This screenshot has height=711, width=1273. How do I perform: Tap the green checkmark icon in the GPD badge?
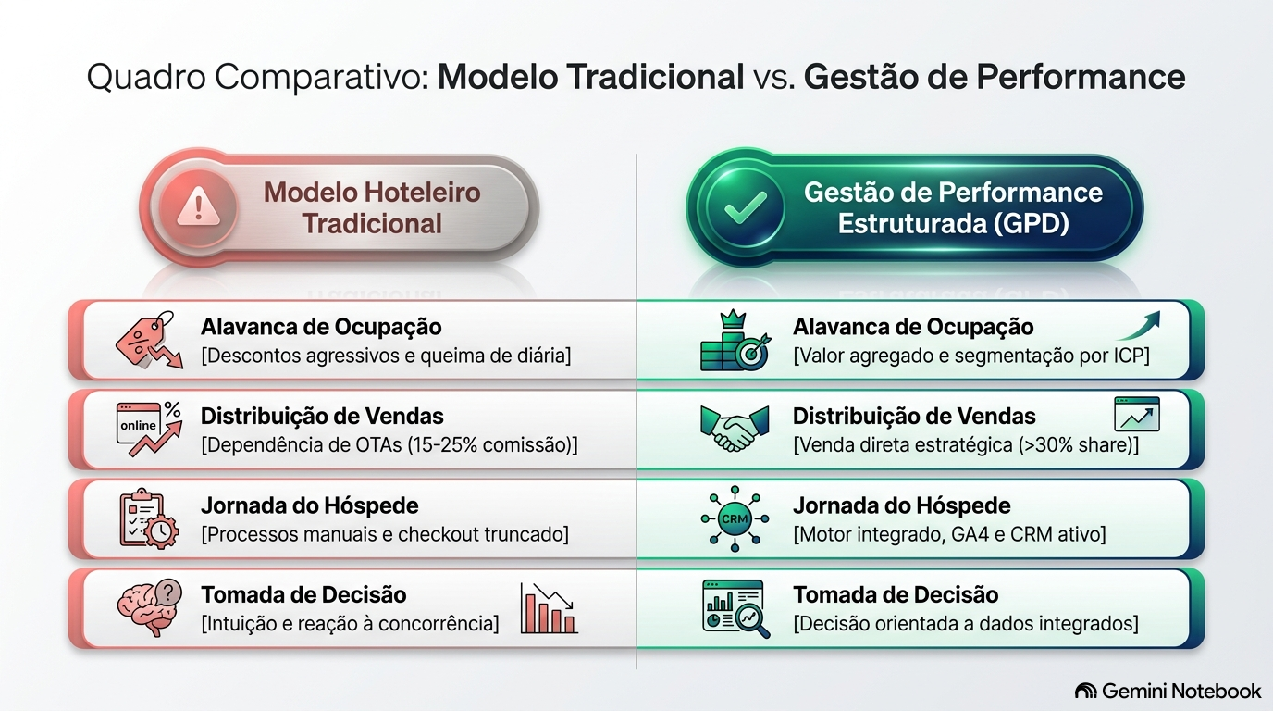tap(746, 207)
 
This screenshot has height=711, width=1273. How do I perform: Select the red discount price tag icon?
tap(150, 340)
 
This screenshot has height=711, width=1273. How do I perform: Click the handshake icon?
tap(735, 429)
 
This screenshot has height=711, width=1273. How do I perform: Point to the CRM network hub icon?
tap(735, 518)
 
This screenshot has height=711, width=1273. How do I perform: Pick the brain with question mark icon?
tap(150, 607)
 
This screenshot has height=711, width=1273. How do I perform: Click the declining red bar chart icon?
tap(549, 608)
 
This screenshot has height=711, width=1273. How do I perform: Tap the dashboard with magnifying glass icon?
tap(736, 608)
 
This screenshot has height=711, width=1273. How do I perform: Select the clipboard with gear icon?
tap(149, 518)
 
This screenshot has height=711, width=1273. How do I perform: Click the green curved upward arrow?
tap(1138, 325)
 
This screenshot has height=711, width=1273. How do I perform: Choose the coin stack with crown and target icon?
tap(735, 340)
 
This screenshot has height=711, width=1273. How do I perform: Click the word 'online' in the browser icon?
tap(138, 426)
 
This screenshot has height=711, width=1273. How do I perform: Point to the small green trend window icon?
tap(1137, 414)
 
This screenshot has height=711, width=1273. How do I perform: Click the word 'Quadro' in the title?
tap(146, 77)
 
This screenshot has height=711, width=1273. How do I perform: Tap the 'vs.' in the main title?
tap(774, 78)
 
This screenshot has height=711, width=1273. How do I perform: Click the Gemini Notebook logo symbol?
tap(1086, 691)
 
